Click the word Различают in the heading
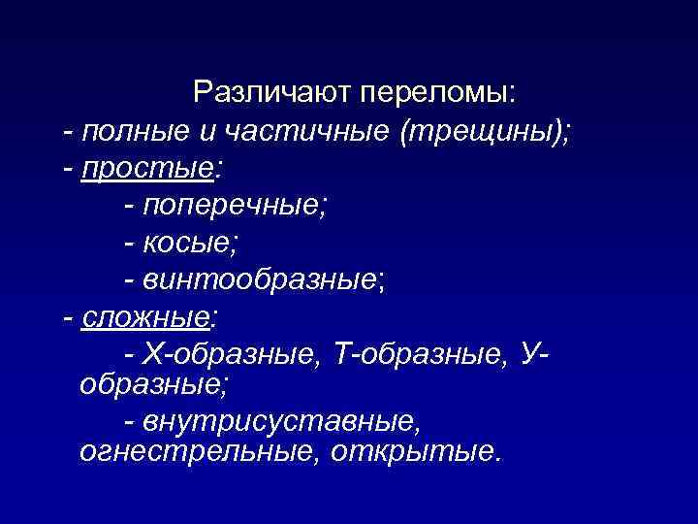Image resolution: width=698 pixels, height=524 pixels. [272, 93]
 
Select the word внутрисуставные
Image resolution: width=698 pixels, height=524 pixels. [282, 423]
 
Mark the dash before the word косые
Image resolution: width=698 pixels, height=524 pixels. [130, 243]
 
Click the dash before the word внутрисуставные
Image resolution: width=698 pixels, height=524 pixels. [130, 424]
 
